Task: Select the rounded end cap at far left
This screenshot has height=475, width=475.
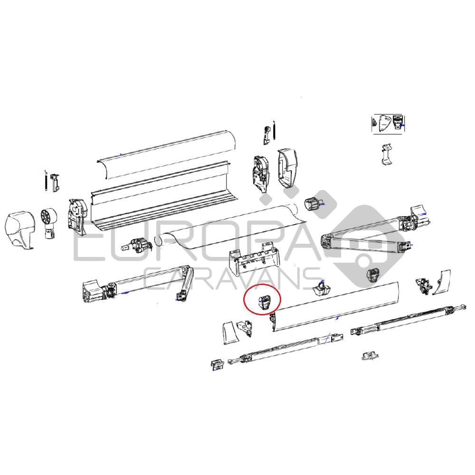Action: point(19,230)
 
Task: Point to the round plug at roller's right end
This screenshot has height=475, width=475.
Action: point(313,204)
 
